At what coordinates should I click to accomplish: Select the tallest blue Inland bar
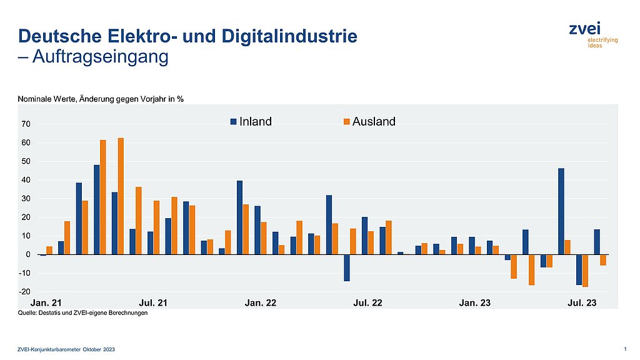[97, 209]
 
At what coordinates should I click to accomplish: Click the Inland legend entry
[251, 122]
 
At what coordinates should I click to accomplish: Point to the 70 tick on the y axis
[26, 124]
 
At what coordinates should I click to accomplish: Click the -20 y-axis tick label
[24, 292]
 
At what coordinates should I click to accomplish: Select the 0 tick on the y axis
[29, 255]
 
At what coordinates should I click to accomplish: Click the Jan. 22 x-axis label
[261, 303]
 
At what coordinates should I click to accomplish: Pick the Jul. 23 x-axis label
[582, 303]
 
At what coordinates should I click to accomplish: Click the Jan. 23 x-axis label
[475, 303]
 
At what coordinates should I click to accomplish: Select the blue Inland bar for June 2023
[561, 211]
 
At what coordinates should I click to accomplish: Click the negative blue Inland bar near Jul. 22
[346, 268]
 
